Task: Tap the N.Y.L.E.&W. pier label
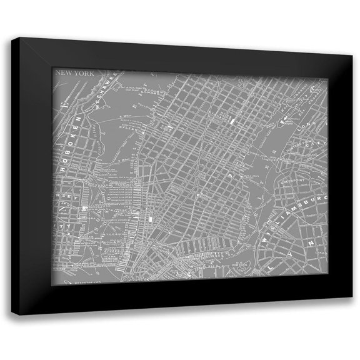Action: click(124, 129)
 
